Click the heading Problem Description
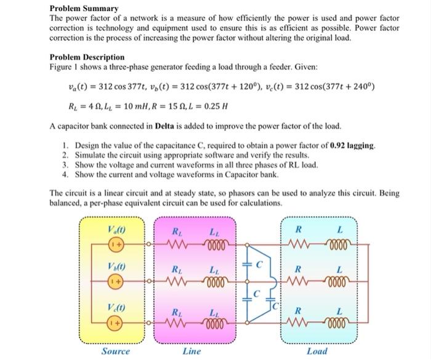click(x=87, y=57)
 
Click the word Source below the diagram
click(x=116, y=351)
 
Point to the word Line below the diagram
click(x=191, y=351)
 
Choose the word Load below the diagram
click(x=317, y=351)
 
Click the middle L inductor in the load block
click(x=339, y=282)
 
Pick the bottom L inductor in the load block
click(x=339, y=322)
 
